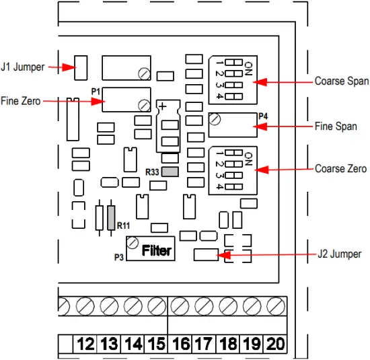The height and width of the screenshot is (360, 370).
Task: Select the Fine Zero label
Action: (x=22, y=101)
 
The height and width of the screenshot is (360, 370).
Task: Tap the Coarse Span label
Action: (x=341, y=81)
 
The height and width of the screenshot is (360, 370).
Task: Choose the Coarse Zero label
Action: (x=340, y=168)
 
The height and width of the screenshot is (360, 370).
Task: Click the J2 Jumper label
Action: (x=339, y=254)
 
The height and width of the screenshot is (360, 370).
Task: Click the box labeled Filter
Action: (x=157, y=252)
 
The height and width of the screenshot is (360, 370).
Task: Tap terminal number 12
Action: (x=85, y=345)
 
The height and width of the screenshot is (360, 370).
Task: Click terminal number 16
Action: (x=180, y=345)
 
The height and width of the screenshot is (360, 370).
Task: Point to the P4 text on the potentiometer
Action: (x=262, y=116)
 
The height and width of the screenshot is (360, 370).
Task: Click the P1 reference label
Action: (x=95, y=89)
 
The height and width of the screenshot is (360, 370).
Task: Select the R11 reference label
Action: (x=124, y=225)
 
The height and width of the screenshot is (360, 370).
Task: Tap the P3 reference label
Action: (x=119, y=256)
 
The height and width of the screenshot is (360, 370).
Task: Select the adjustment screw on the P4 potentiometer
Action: (x=215, y=119)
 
